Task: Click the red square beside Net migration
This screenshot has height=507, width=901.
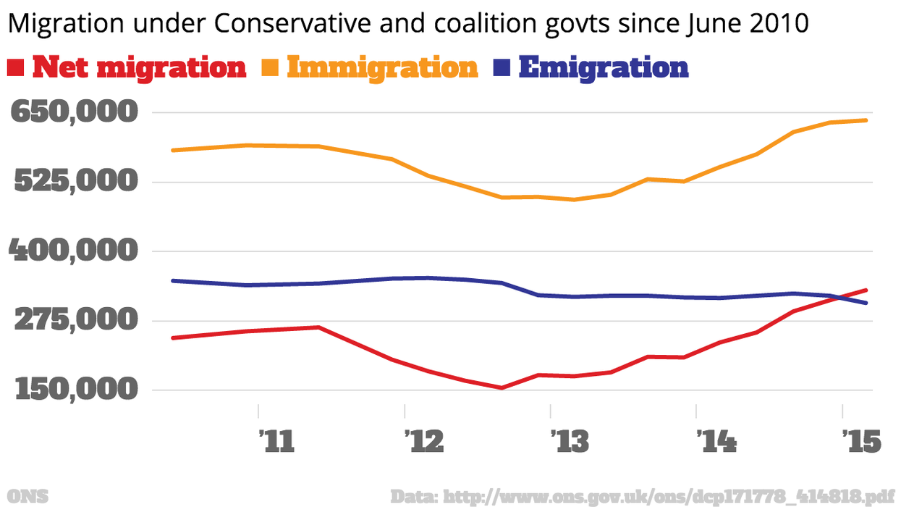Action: coord(17,67)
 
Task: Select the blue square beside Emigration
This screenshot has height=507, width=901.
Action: coord(503,67)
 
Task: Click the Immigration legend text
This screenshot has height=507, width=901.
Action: coord(383,67)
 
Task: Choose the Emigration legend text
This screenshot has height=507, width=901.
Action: coord(604,67)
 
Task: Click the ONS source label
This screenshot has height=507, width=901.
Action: coord(29,496)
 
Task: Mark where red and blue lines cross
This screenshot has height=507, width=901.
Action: coord(836,296)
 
